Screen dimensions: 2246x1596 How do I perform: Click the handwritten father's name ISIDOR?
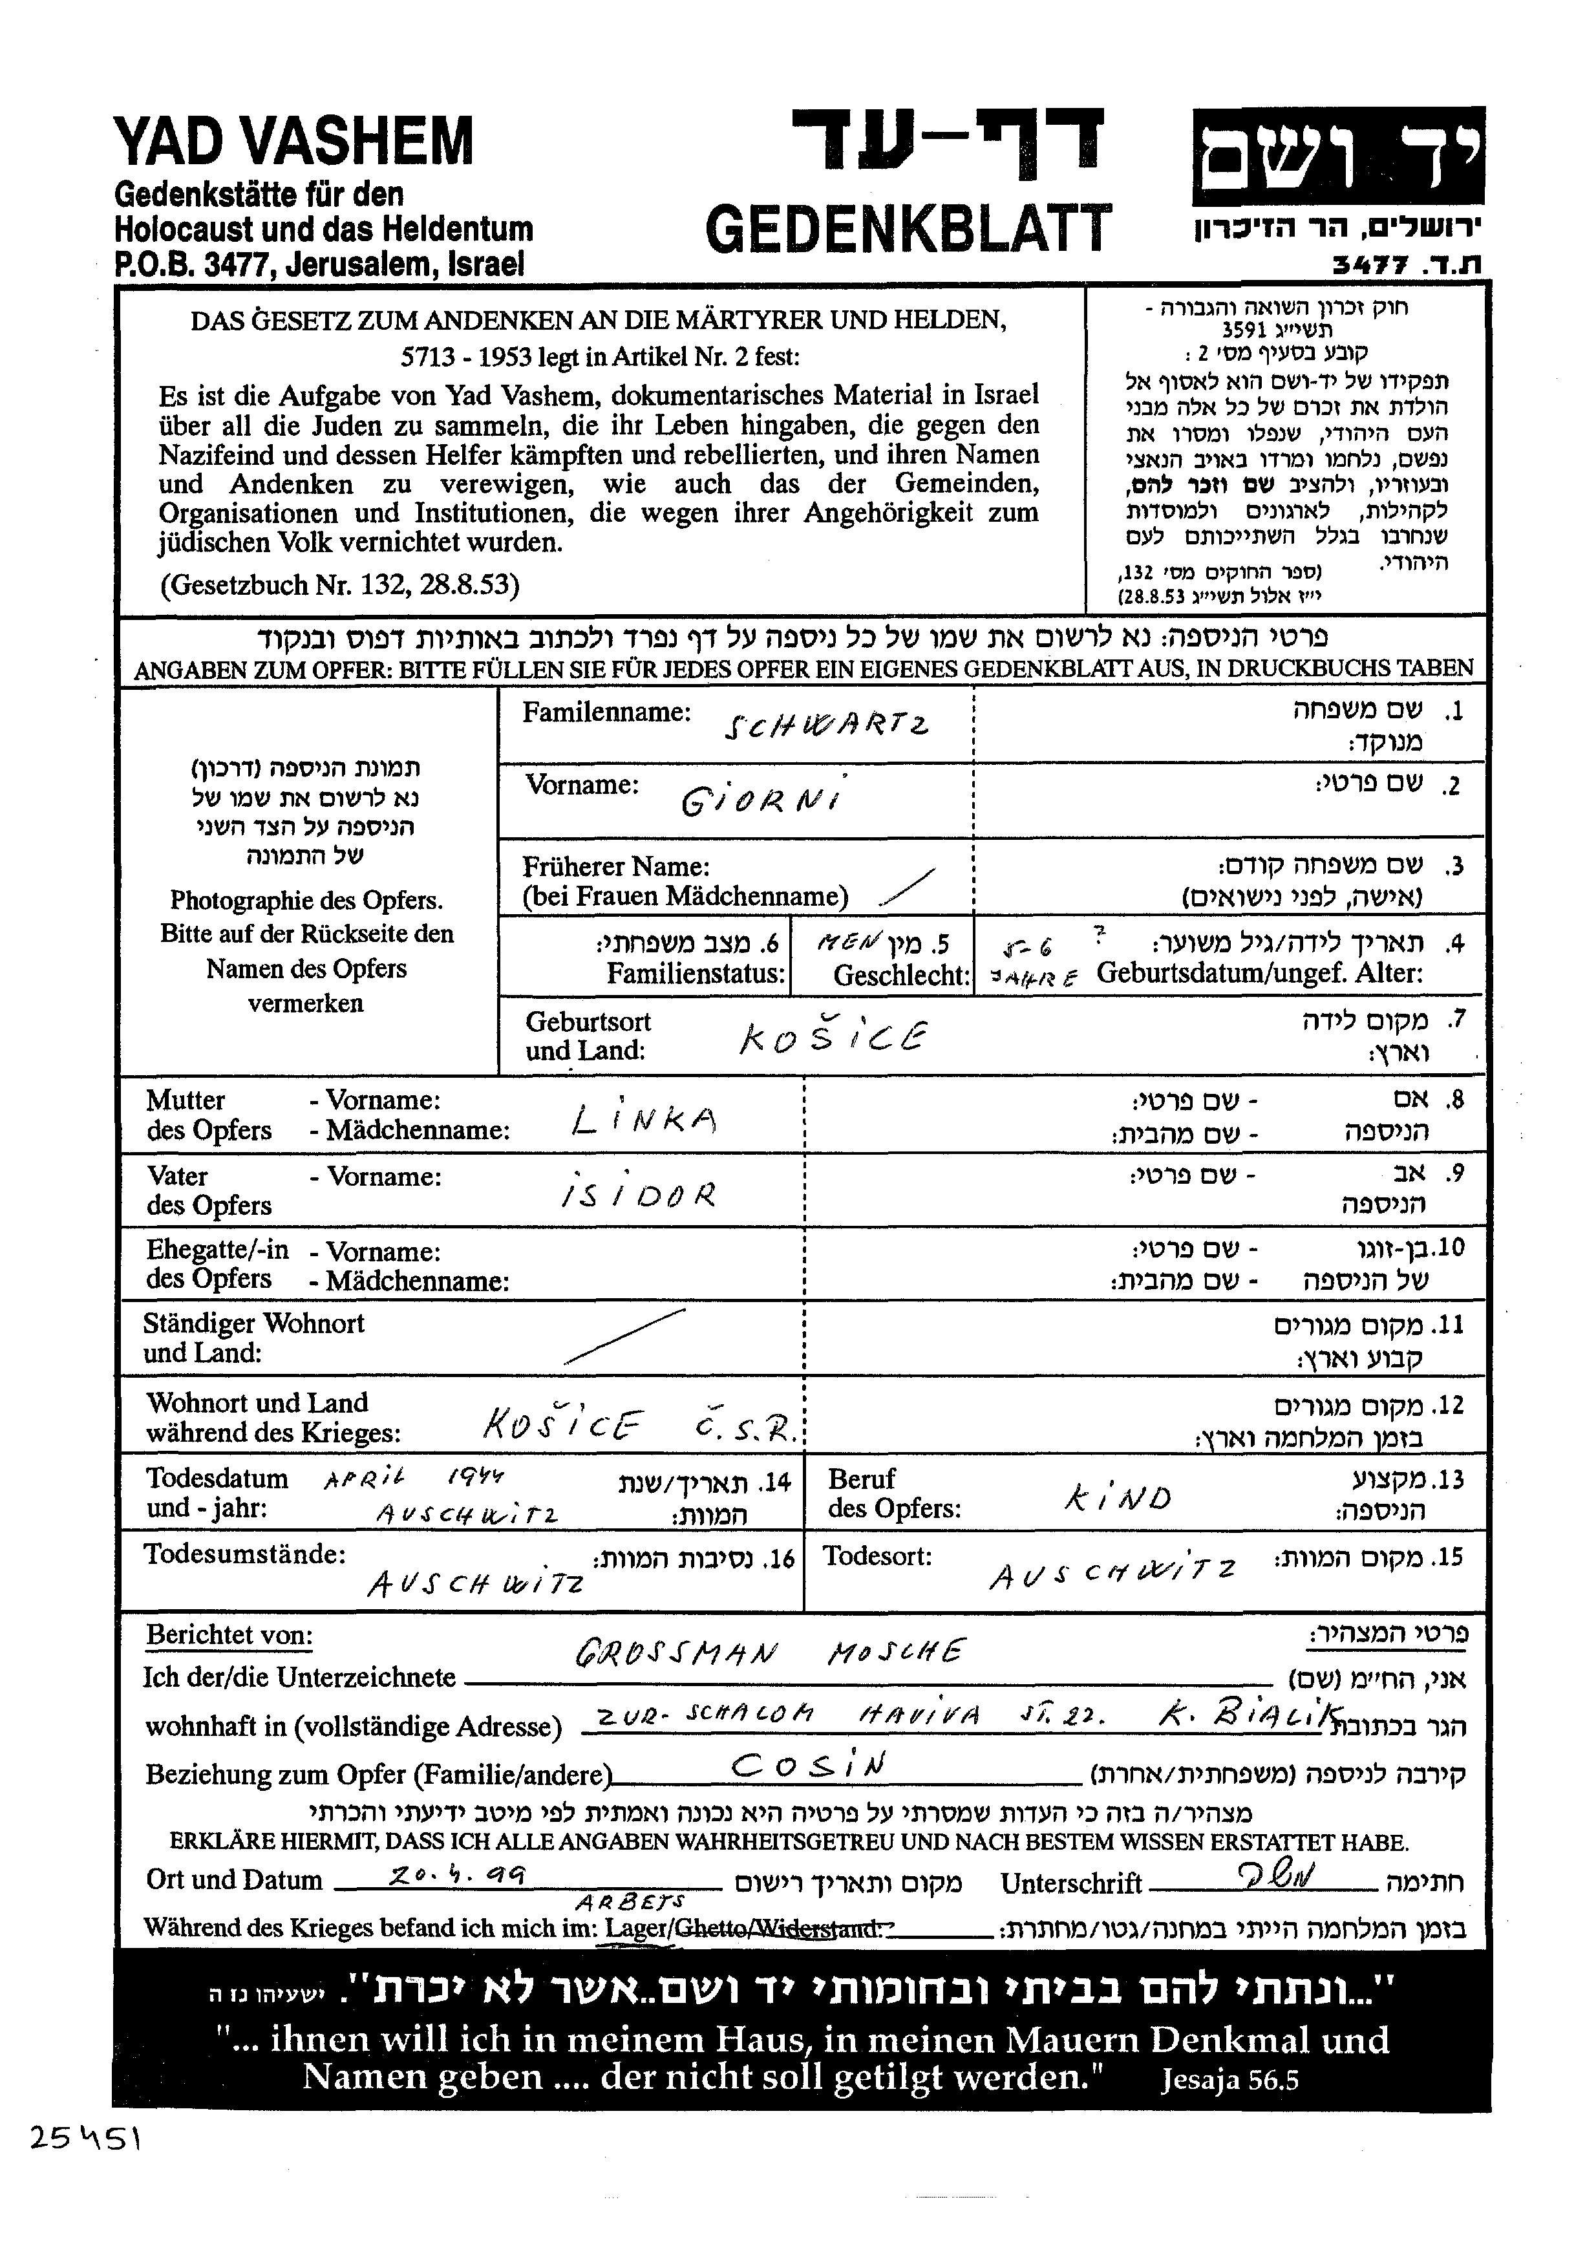[x=638, y=1193]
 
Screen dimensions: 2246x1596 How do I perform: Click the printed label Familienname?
[x=606, y=712]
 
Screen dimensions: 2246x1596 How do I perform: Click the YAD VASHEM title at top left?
[x=294, y=140]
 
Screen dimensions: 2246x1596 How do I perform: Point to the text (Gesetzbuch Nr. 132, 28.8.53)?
[x=339, y=585]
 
